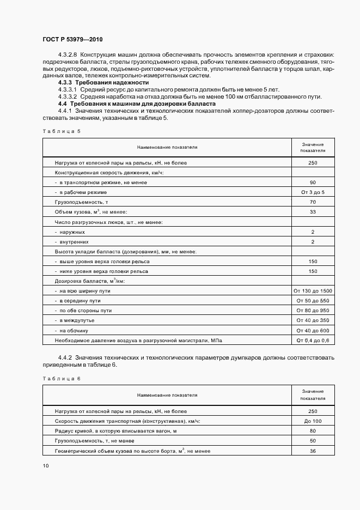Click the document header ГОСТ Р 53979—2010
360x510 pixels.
72,40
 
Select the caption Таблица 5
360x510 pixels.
61,131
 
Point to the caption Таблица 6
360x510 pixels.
61,378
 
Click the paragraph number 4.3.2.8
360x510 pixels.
68,56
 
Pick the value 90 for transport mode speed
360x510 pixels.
313,182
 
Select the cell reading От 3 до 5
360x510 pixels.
313,192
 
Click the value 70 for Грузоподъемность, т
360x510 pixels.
313,202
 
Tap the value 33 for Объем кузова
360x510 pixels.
313,212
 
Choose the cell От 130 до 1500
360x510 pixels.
313,291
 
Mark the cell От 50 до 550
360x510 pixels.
313,301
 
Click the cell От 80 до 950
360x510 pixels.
313,311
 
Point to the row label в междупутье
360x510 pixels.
77,320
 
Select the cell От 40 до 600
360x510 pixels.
313,330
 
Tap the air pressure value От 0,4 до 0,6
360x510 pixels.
313,341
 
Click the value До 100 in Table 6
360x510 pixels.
313,421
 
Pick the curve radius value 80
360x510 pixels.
313,431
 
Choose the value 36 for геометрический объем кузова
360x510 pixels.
313,451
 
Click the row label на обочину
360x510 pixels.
76,330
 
